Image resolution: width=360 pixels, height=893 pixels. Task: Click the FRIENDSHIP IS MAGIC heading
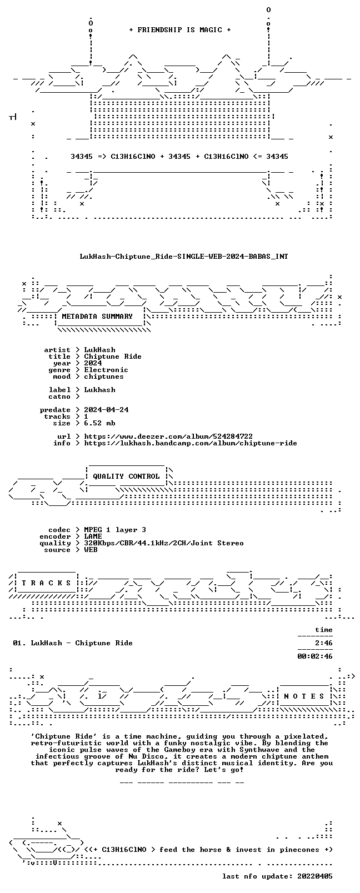pyautogui.click(x=180, y=30)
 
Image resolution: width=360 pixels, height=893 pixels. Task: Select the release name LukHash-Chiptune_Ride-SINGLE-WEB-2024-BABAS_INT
pyautogui.click(x=184, y=257)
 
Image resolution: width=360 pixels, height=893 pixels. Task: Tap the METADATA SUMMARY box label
pyautogui.click(x=97, y=317)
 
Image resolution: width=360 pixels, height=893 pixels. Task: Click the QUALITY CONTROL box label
pyautogui.click(x=126, y=476)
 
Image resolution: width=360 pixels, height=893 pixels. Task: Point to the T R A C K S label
pyautogui.click(x=46, y=583)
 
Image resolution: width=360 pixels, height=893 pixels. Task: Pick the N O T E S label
pyautogui.click(x=304, y=696)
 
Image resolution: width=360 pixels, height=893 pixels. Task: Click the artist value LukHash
pyautogui.click(x=99, y=350)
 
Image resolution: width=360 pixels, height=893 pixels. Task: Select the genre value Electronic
pyautogui.click(x=106, y=370)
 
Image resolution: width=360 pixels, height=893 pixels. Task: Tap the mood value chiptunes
pyautogui.click(x=104, y=377)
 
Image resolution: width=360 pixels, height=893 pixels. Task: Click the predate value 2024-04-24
pyautogui.click(x=106, y=410)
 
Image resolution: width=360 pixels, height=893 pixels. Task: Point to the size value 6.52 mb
pyautogui.click(x=99, y=423)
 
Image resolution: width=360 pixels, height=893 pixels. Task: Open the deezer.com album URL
pyautogui.click(x=168, y=437)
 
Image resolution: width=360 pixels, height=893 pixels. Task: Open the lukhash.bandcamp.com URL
pyautogui.click(x=191, y=443)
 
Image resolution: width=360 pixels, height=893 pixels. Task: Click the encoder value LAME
pyautogui.click(x=93, y=536)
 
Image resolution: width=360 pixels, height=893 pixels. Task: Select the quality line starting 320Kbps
pyautogui.click(x=164, y=543)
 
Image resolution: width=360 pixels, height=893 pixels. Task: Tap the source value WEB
pyautogui.click(x=91, y=550)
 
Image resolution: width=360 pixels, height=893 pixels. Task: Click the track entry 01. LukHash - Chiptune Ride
pyautogui.click(x=73, y=643)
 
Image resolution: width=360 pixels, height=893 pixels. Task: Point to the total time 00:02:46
pyautogui.click(x=315, y=656)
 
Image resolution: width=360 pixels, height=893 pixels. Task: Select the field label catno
pyautogui.click(x=59, y=397)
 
